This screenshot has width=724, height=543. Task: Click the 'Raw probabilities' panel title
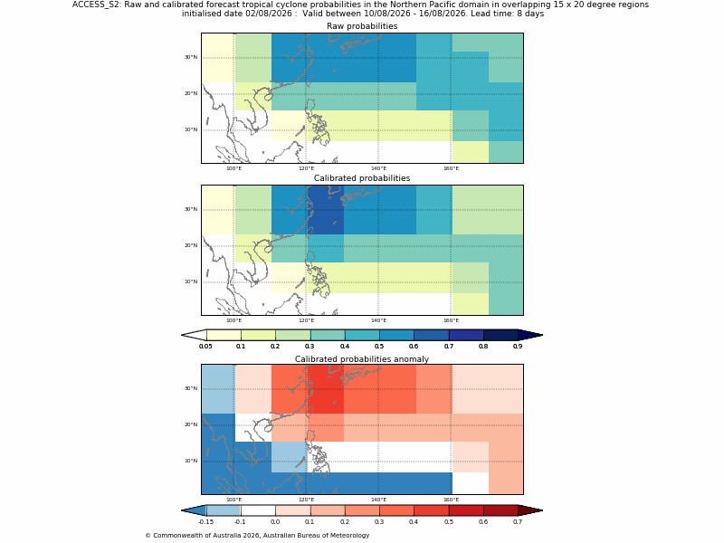tap(362, 26)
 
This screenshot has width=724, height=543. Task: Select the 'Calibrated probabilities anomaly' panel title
tap(362, 359)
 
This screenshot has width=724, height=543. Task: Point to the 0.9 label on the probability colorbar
tap(518, 346)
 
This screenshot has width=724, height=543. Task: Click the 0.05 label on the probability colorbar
tap(205, 346)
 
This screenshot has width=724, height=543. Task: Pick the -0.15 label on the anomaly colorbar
tap(205, 522)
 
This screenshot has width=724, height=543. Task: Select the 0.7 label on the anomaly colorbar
tap(518, 522)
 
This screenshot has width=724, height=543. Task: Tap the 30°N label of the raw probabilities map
tap(191, 57)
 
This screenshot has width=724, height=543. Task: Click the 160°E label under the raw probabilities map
tap(451, 168)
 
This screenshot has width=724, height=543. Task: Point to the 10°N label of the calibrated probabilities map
tap(191, 281)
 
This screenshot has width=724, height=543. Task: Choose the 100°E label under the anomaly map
tap(233, 500)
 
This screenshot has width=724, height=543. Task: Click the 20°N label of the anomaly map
tap(191, 424)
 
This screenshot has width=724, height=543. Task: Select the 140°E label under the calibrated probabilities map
tap(378, 320)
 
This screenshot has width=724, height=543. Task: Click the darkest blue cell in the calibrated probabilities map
tap(326, 210)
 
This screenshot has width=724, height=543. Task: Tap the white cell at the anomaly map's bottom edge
tap(470, 483)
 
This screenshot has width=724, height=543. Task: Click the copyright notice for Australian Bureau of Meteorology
tap(257, 536)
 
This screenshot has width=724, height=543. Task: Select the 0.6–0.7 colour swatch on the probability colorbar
tap(432, 335)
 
